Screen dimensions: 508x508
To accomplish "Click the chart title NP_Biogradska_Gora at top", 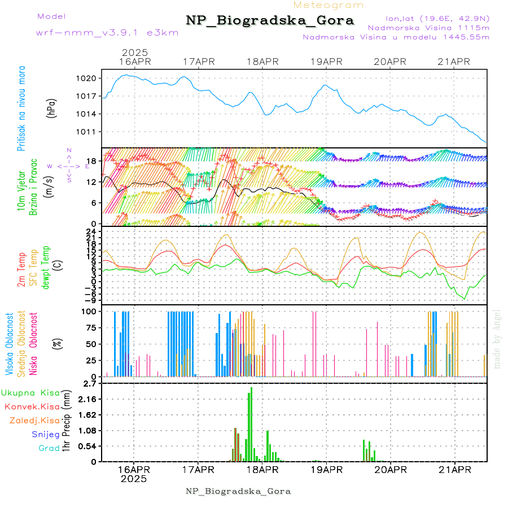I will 270,21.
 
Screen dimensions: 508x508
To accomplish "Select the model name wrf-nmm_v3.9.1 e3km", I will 107,32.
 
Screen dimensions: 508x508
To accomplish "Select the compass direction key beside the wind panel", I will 68,165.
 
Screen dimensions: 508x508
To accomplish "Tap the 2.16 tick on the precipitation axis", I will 87,399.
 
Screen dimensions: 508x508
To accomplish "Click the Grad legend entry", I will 49,448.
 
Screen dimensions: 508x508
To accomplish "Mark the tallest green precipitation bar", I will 251,424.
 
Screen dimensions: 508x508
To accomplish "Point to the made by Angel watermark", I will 497,339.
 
